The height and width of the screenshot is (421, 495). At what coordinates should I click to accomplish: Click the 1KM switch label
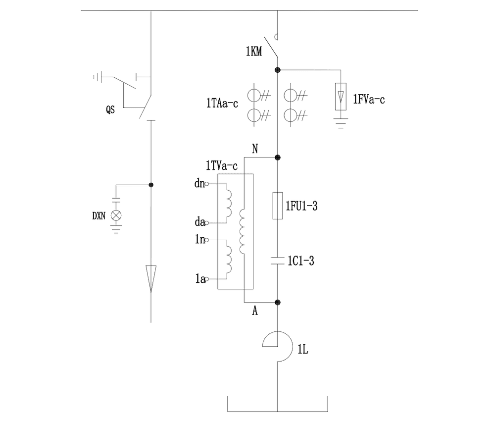[x=253, y=50]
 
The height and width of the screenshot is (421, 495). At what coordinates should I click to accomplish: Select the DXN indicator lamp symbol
[x=116, y=215]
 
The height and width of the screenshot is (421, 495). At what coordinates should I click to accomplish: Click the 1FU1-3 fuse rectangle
[x=278, y=205]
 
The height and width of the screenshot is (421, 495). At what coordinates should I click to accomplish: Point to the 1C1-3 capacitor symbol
[x=278, y=261]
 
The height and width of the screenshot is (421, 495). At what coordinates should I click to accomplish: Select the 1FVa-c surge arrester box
[x=340, y=97]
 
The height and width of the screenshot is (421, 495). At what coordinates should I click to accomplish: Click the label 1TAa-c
[x=223, y=104]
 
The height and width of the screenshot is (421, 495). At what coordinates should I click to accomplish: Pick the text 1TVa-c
[x=222, y=165]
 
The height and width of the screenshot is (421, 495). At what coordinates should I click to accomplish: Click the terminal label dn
[x=199, y=184]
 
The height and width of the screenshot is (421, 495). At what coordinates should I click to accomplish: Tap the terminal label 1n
[x=200, y=240]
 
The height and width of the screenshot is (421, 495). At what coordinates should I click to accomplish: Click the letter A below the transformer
[x=255, y=311]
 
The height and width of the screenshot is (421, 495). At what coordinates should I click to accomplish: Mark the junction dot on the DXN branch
[x=151, y=185]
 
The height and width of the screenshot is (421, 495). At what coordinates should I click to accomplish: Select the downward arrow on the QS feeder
[x=151, y=278]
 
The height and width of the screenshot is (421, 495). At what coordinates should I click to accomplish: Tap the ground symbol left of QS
[x=98, y=77]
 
